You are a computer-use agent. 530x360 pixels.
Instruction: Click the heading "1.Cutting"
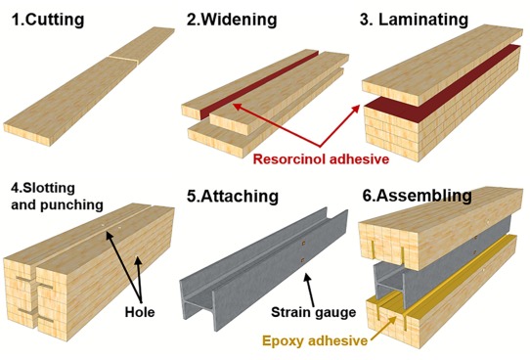point(48,20)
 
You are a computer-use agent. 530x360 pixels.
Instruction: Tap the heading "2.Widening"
point(232,20)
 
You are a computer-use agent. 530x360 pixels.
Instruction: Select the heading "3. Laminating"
point(414,20)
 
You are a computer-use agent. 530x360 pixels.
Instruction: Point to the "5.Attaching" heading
point(233,196)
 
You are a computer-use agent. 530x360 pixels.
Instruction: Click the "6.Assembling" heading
point(418,196)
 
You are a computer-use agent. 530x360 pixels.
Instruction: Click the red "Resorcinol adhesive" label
point(321,158)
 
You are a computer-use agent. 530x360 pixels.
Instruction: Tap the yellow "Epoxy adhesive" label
point(315,340)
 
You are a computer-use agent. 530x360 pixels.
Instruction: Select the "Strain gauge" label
point(313,312)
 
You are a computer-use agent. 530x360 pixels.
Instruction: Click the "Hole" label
point(140,312)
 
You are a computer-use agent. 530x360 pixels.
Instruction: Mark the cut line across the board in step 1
point(123,60)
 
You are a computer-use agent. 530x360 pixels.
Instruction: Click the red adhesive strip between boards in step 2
point(259,85)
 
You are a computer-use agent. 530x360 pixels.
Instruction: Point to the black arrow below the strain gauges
point(309,290)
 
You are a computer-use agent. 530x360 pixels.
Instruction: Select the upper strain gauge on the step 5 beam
point(303,243)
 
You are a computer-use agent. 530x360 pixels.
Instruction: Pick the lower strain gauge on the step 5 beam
point(302,260)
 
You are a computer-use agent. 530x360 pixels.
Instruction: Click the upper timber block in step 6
point(439,227)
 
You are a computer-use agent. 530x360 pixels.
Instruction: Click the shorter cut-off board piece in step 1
point(142,45)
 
